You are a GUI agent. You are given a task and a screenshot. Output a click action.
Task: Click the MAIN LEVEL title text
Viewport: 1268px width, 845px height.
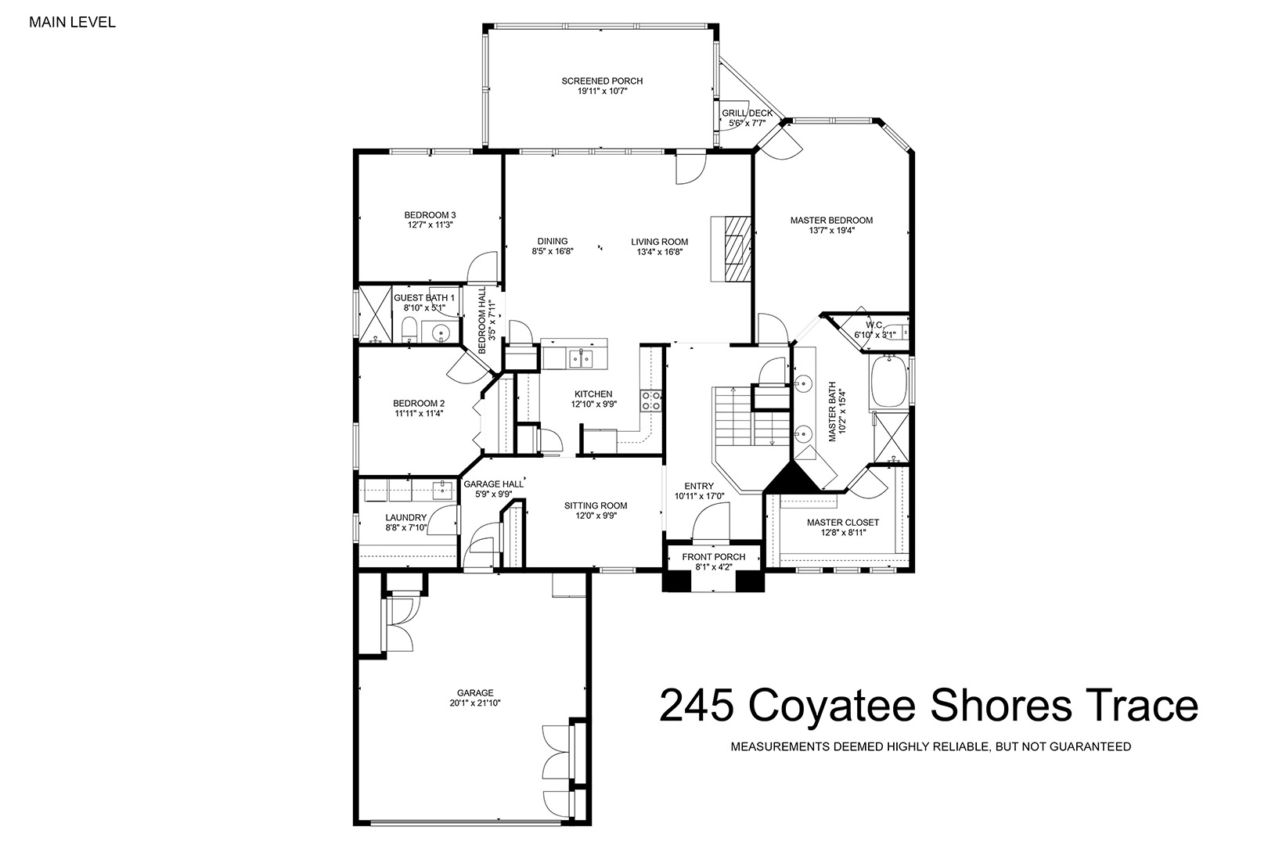point(73,22)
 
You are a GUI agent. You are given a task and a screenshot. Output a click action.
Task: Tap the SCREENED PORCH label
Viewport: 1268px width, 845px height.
point(603,81)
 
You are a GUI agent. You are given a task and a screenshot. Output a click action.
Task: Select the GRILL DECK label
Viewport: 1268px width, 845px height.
point(747,113)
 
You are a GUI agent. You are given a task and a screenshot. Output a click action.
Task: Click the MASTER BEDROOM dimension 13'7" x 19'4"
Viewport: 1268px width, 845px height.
point(831,230)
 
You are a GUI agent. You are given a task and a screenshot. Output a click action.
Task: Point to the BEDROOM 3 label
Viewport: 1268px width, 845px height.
point(430,215)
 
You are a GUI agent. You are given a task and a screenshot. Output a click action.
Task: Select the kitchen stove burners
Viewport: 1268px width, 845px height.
point(651,400)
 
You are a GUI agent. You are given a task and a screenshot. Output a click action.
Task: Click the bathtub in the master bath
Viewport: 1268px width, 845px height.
point(888,381)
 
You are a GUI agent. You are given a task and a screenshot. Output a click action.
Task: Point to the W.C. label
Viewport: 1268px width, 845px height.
point(874,325)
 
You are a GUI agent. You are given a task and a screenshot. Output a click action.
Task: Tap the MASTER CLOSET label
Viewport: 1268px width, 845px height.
point(843,523)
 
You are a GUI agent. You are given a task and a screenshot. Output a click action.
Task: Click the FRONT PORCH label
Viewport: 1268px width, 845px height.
point(714,557)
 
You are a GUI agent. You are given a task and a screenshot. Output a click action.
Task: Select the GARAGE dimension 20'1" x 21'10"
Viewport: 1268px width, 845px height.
point(476,703)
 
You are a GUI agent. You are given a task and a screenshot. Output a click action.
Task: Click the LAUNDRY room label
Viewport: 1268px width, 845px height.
point(406,517)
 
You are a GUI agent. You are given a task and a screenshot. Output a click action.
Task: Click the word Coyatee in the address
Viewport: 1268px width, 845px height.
point(831,706)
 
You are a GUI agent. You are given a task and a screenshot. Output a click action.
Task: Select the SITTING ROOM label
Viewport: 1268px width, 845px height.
point(596,505)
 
